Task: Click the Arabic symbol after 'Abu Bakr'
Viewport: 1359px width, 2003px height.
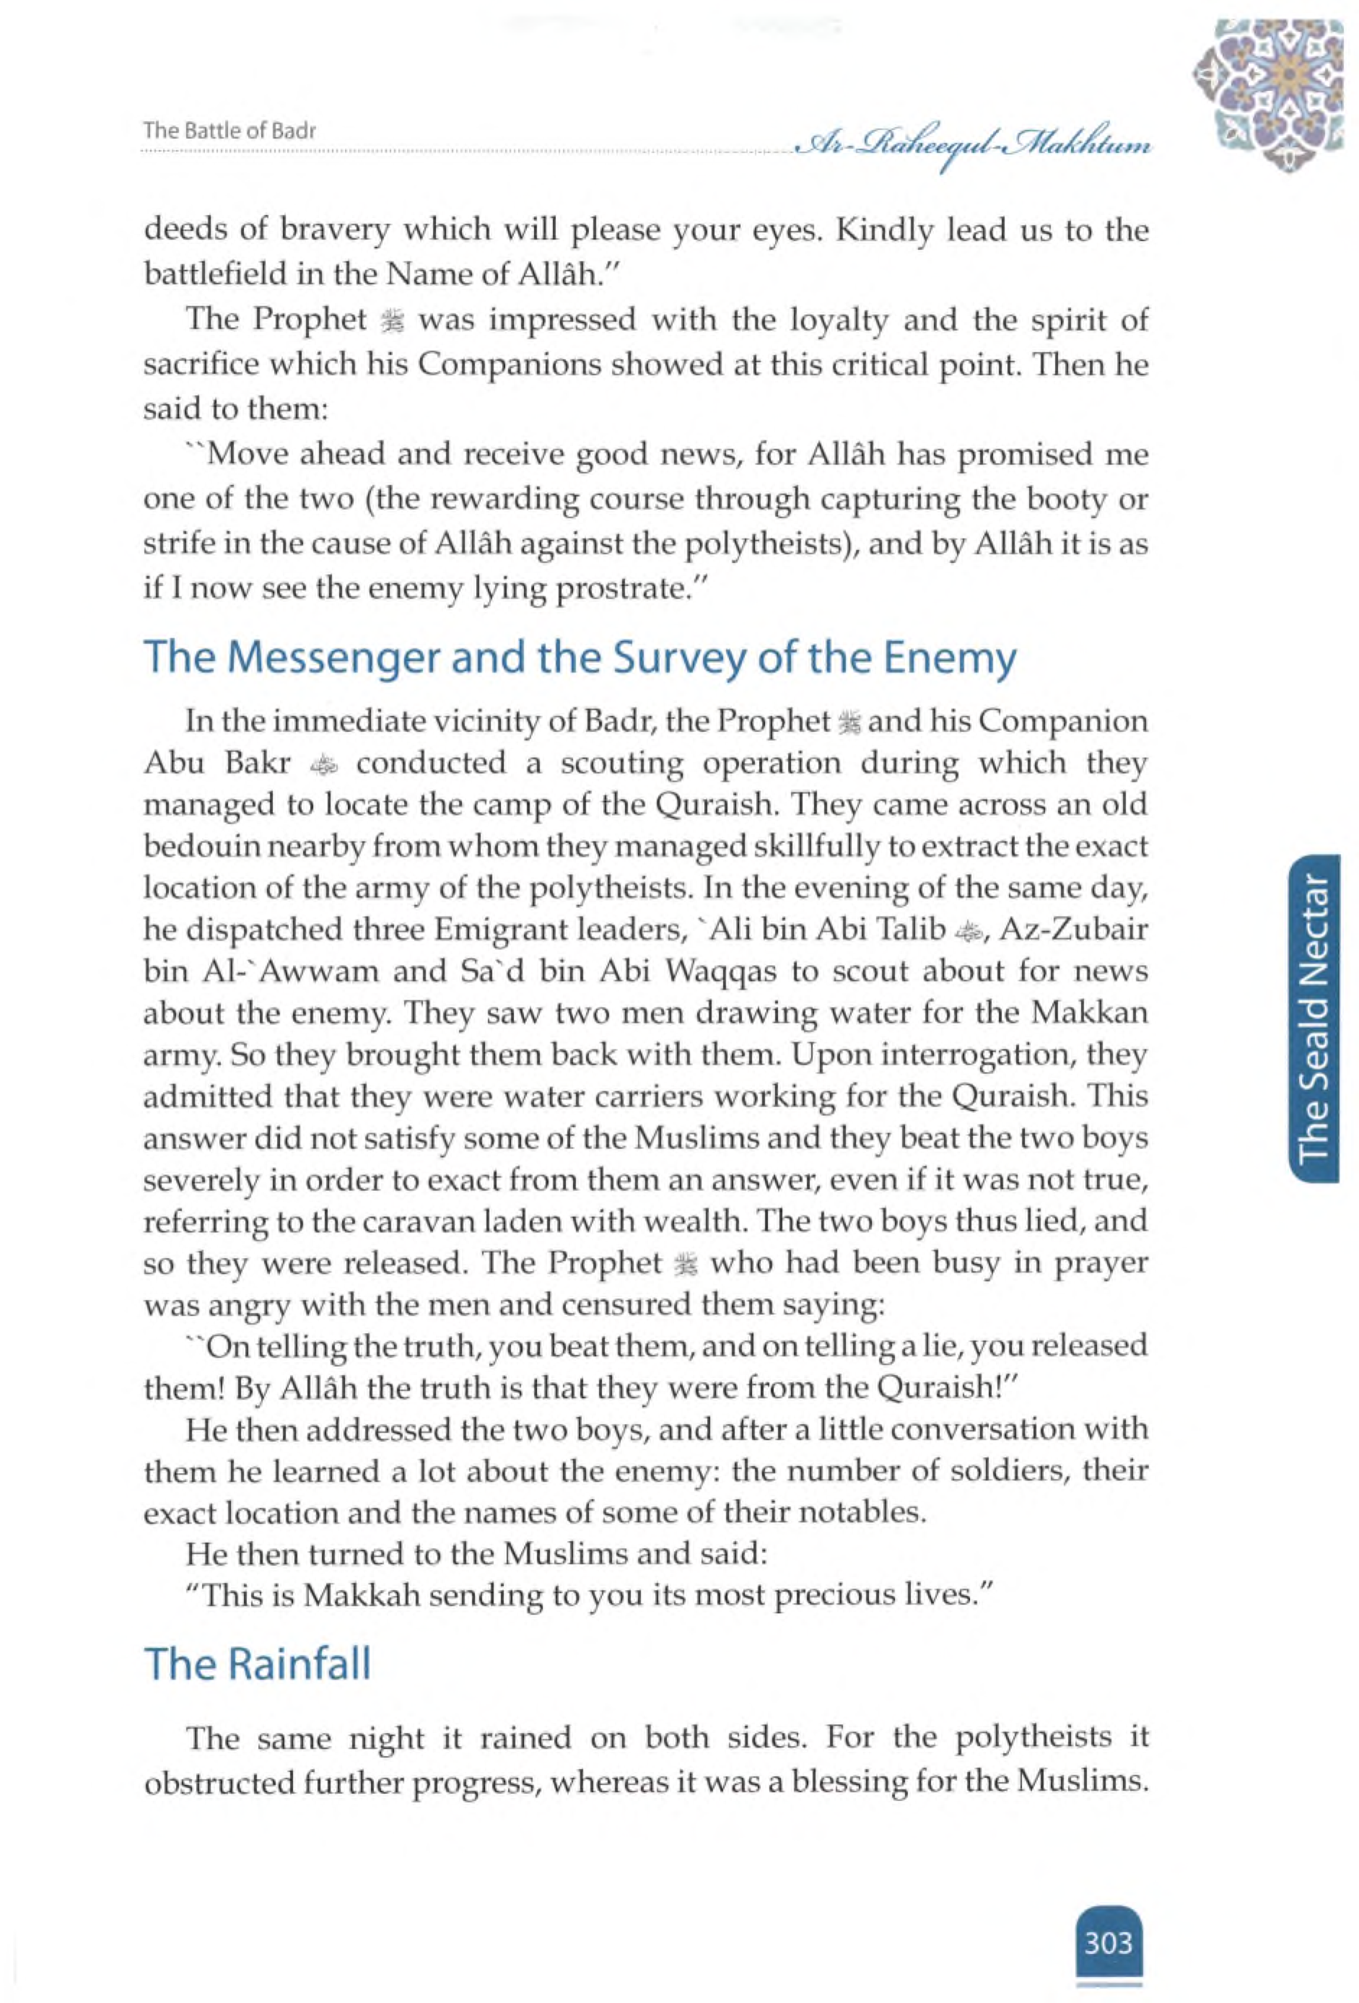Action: pos(323,765)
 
